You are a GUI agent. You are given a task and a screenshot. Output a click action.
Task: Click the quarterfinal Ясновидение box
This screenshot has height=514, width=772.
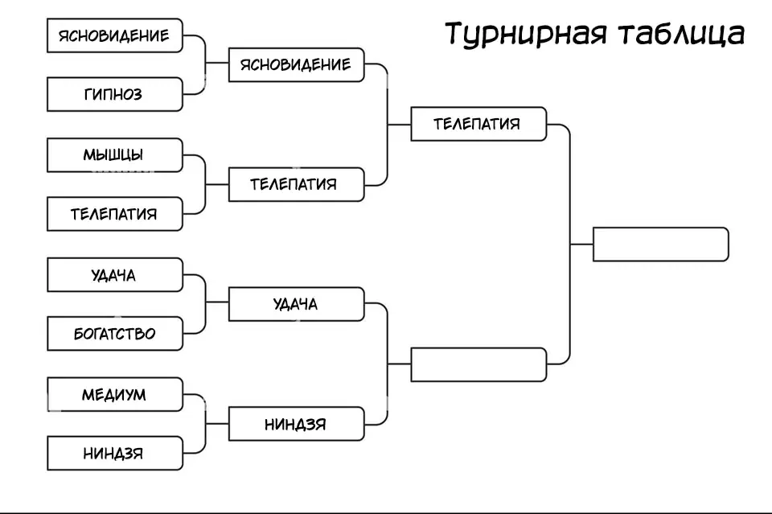coord(114,35)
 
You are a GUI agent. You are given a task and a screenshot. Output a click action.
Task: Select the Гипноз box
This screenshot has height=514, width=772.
coord(114,94)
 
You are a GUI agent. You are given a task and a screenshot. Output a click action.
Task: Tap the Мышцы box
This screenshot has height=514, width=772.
coord(114,154)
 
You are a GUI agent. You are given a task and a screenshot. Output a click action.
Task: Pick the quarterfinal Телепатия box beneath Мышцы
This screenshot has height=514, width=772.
coord(114,214)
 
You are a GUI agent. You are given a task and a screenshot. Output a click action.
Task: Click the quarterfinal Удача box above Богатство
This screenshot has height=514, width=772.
coord(114,275)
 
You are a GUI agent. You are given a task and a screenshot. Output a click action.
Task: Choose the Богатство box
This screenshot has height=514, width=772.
coord(114,333)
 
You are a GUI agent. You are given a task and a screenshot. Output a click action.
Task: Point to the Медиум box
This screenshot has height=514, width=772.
coord(114,394)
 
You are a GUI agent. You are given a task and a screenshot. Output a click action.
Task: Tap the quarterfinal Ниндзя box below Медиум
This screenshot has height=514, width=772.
coord(114,454)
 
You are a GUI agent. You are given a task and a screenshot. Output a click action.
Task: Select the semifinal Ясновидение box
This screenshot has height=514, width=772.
coord(296,64)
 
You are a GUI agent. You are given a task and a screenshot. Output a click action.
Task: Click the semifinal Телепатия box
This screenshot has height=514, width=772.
coord(296,184)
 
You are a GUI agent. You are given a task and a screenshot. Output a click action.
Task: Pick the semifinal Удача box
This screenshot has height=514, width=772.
coord(296,304)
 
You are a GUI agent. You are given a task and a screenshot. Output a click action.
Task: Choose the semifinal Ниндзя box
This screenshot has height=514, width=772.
coord(296,424)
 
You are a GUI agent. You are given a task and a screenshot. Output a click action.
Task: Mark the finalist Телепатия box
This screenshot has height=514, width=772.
coord(478,124)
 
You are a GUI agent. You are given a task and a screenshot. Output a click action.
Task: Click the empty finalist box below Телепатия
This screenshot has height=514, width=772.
coord(478,364)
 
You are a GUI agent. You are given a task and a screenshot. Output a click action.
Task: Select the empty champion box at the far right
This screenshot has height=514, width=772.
coord(660,245)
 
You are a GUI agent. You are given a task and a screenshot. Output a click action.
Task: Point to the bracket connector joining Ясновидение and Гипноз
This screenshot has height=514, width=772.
coord(205,64)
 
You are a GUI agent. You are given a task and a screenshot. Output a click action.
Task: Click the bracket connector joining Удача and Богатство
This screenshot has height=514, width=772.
coord(205,304)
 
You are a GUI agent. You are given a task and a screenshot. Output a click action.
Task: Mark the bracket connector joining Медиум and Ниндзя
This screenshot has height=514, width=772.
coord(205,424)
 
